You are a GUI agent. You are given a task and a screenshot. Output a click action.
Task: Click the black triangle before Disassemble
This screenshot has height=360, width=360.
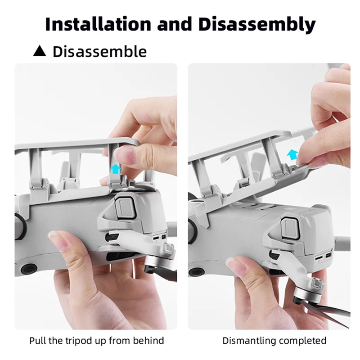[x=40, y=51]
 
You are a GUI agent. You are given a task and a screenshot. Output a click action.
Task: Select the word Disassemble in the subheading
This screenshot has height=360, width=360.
[x=99, y=51]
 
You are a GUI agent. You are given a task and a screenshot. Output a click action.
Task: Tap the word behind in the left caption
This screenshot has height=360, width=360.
[x=149, y=340]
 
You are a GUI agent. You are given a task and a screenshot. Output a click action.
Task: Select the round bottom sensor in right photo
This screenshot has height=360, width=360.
[x=196, y=272]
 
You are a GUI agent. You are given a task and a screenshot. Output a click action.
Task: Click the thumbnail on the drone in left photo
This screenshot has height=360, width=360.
[x=60, y=236]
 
